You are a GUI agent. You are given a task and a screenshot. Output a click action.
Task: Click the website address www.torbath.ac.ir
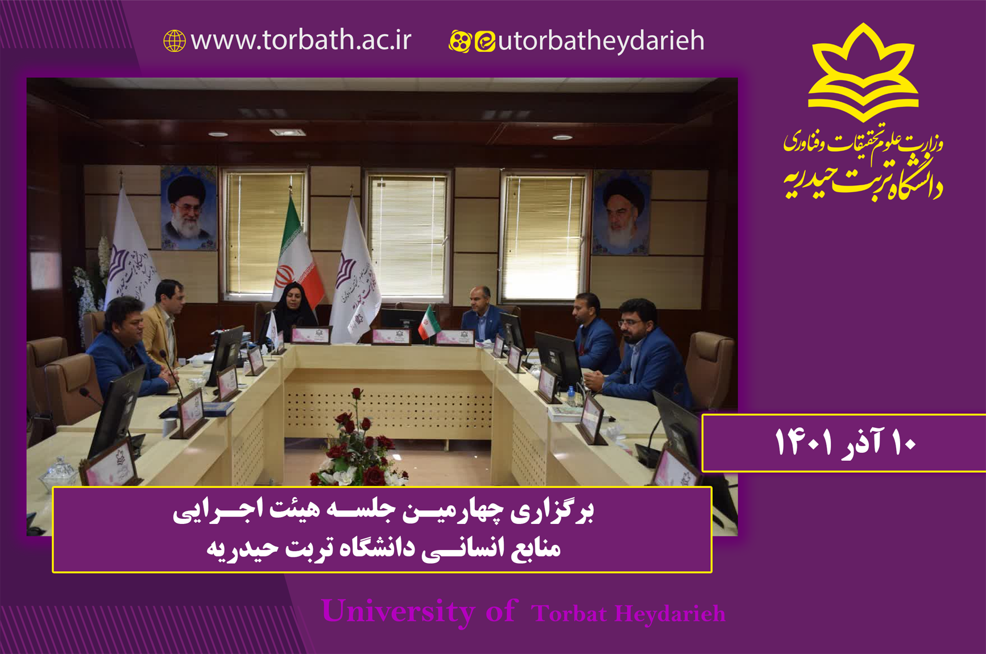301,40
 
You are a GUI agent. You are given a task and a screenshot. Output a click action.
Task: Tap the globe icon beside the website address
175,41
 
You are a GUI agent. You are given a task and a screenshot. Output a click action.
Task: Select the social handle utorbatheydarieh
601,41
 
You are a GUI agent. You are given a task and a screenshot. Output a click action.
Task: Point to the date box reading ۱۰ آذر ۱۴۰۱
844,443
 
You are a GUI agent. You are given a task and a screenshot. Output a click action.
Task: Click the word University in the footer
397,611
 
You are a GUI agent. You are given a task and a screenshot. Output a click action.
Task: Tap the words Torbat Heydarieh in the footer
628,614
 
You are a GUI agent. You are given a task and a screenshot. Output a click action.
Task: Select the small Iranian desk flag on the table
427,323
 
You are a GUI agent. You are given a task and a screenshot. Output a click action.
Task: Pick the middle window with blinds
408,236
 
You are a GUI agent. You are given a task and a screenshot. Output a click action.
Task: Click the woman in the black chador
294,310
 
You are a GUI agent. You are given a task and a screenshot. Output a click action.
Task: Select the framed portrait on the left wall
188,208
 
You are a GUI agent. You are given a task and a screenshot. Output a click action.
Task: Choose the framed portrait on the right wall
621,213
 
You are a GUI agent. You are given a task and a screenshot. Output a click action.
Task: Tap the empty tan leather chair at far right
711,369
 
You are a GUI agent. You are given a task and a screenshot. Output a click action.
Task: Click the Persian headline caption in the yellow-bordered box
383,529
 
